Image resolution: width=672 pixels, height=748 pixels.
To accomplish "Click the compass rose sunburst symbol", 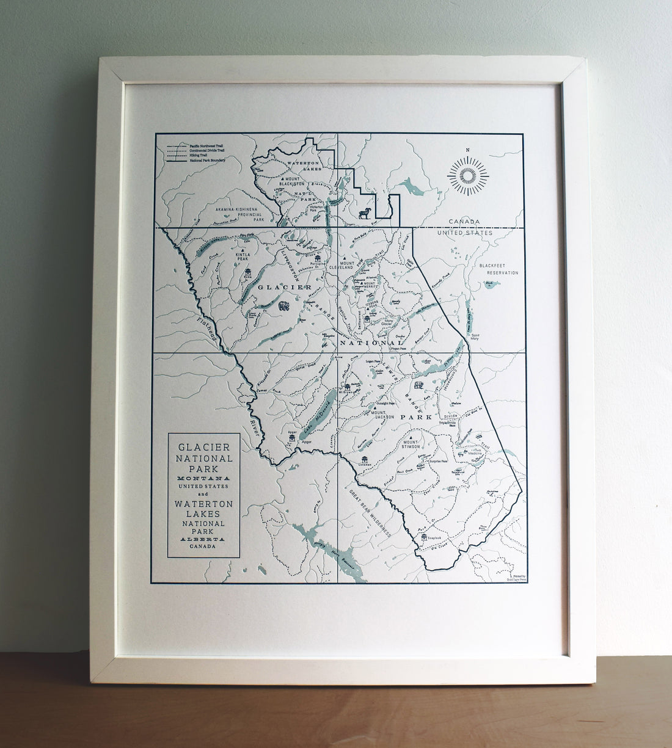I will (x=468, y=176).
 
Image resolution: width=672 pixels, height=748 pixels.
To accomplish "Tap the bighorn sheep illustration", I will (x=364, y=213).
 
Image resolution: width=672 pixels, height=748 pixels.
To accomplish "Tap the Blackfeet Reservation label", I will (x=499, y=269).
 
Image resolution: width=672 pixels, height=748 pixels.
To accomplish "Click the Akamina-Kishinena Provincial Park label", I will (x=239, y=212).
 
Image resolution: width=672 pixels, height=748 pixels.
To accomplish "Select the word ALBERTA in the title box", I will (x=203, y=540).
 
